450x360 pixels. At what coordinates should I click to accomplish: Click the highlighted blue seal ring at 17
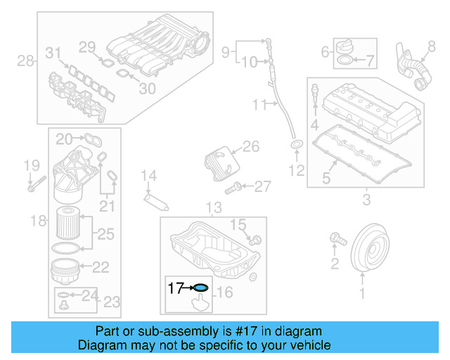pyautogui.click(x=200, y=287)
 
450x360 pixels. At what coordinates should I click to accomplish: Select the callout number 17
pyautogui.click(x=175, y=287)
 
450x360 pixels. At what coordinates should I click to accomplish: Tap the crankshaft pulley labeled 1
pyautogui.click(x=370, y=247)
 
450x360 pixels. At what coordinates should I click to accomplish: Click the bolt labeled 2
pyautogui.click(x=337, y=241)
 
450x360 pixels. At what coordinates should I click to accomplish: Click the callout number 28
pyautogui.click(x=25, y=61)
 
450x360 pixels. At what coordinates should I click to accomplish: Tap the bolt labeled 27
pyautogui.click(x=234, y=187)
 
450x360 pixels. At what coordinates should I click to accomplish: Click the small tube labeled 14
pyautogui.click(x=155, y=200)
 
